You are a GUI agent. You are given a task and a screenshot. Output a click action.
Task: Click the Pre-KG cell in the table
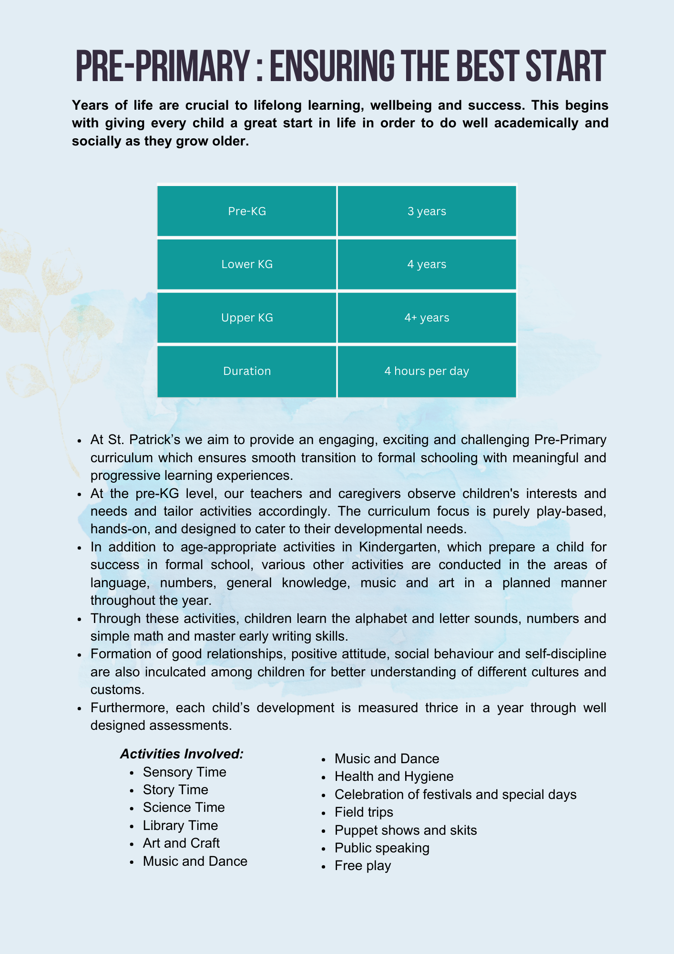(x=247, y=211)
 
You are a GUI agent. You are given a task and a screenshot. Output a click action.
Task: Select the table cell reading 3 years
(x=427, y=211)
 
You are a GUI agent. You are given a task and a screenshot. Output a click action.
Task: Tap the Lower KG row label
(x=247, y=264)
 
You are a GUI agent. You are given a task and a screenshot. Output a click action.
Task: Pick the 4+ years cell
(x=427, y=318)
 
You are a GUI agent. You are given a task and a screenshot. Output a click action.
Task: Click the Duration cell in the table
(x=247, y=371)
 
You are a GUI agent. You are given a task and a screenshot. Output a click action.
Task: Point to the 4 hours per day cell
(x=427, y=371)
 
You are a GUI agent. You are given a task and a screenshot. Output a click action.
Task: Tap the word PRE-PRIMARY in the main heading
(x=162, y=67)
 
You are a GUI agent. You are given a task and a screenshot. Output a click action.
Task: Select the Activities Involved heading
(x=182, y=754)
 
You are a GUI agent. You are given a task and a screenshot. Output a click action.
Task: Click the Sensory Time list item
(x=184, y=772)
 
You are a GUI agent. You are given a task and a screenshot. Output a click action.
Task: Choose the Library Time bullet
(x=180, y=825)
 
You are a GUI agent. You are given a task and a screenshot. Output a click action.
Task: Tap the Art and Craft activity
(x=181, y=843)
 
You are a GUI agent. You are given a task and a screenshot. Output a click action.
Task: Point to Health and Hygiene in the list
(x=394, y=776)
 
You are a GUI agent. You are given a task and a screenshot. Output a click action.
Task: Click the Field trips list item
(x=364, y=812)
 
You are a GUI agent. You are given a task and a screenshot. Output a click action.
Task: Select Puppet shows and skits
(x=406, y=830)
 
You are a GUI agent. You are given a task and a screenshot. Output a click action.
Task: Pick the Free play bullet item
(x=363, y=865)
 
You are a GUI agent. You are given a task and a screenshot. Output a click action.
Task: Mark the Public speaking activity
(x=382, y=848)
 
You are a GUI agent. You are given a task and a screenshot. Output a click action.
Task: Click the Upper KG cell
(x=247, y=318)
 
